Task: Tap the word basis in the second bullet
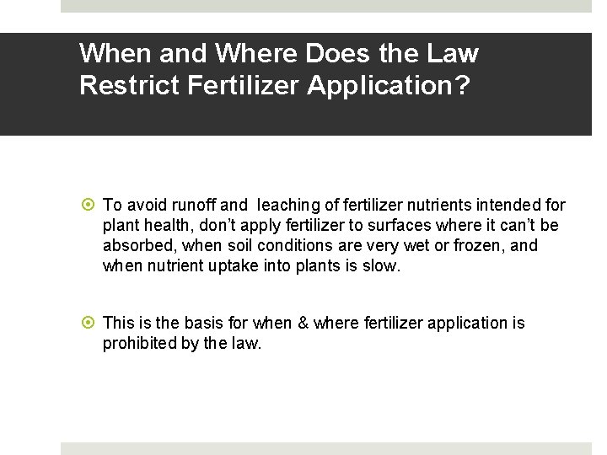206,323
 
